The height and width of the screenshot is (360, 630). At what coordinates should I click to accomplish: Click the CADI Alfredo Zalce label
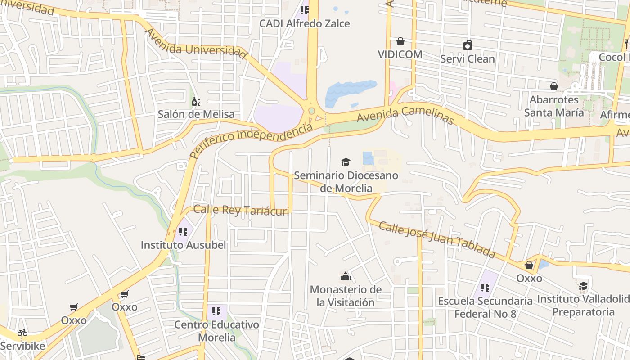[x=304, y=23]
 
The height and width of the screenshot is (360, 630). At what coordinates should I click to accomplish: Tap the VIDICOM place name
[x=400, y=54]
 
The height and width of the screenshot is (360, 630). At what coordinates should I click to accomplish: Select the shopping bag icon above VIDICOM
[x=400, y=42]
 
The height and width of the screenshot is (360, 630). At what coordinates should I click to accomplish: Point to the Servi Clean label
[x=468, y=59]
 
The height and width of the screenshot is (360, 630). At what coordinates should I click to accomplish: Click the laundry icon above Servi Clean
[x=468, y=45]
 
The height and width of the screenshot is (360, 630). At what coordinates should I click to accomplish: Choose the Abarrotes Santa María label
[x=554, y=106]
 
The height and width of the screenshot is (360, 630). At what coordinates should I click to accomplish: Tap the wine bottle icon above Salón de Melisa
[x=196, y=101]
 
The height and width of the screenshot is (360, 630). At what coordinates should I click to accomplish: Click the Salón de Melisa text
[x=196, y=114]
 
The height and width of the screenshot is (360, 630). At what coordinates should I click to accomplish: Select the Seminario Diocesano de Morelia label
[x=346, y=181]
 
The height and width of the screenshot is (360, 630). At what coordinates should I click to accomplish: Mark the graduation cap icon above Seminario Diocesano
[x=346, y=162]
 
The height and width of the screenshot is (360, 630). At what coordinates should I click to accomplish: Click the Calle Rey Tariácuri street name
[x=241, y=210]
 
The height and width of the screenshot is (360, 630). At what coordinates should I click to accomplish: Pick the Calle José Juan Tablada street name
[x=436, y=239]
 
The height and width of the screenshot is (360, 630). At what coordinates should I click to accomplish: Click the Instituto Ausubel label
[x=183, y=245]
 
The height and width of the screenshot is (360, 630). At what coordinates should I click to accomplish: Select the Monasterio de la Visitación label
[x=346, y=296]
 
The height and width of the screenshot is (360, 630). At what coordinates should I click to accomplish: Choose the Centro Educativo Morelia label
[x=216, y=331]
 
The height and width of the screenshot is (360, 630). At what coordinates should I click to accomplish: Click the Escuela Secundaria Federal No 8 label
[x=485, y=307]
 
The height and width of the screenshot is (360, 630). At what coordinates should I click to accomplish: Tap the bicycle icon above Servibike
[x=22, y=333]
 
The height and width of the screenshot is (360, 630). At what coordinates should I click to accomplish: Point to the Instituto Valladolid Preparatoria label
[x=583, y=305]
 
